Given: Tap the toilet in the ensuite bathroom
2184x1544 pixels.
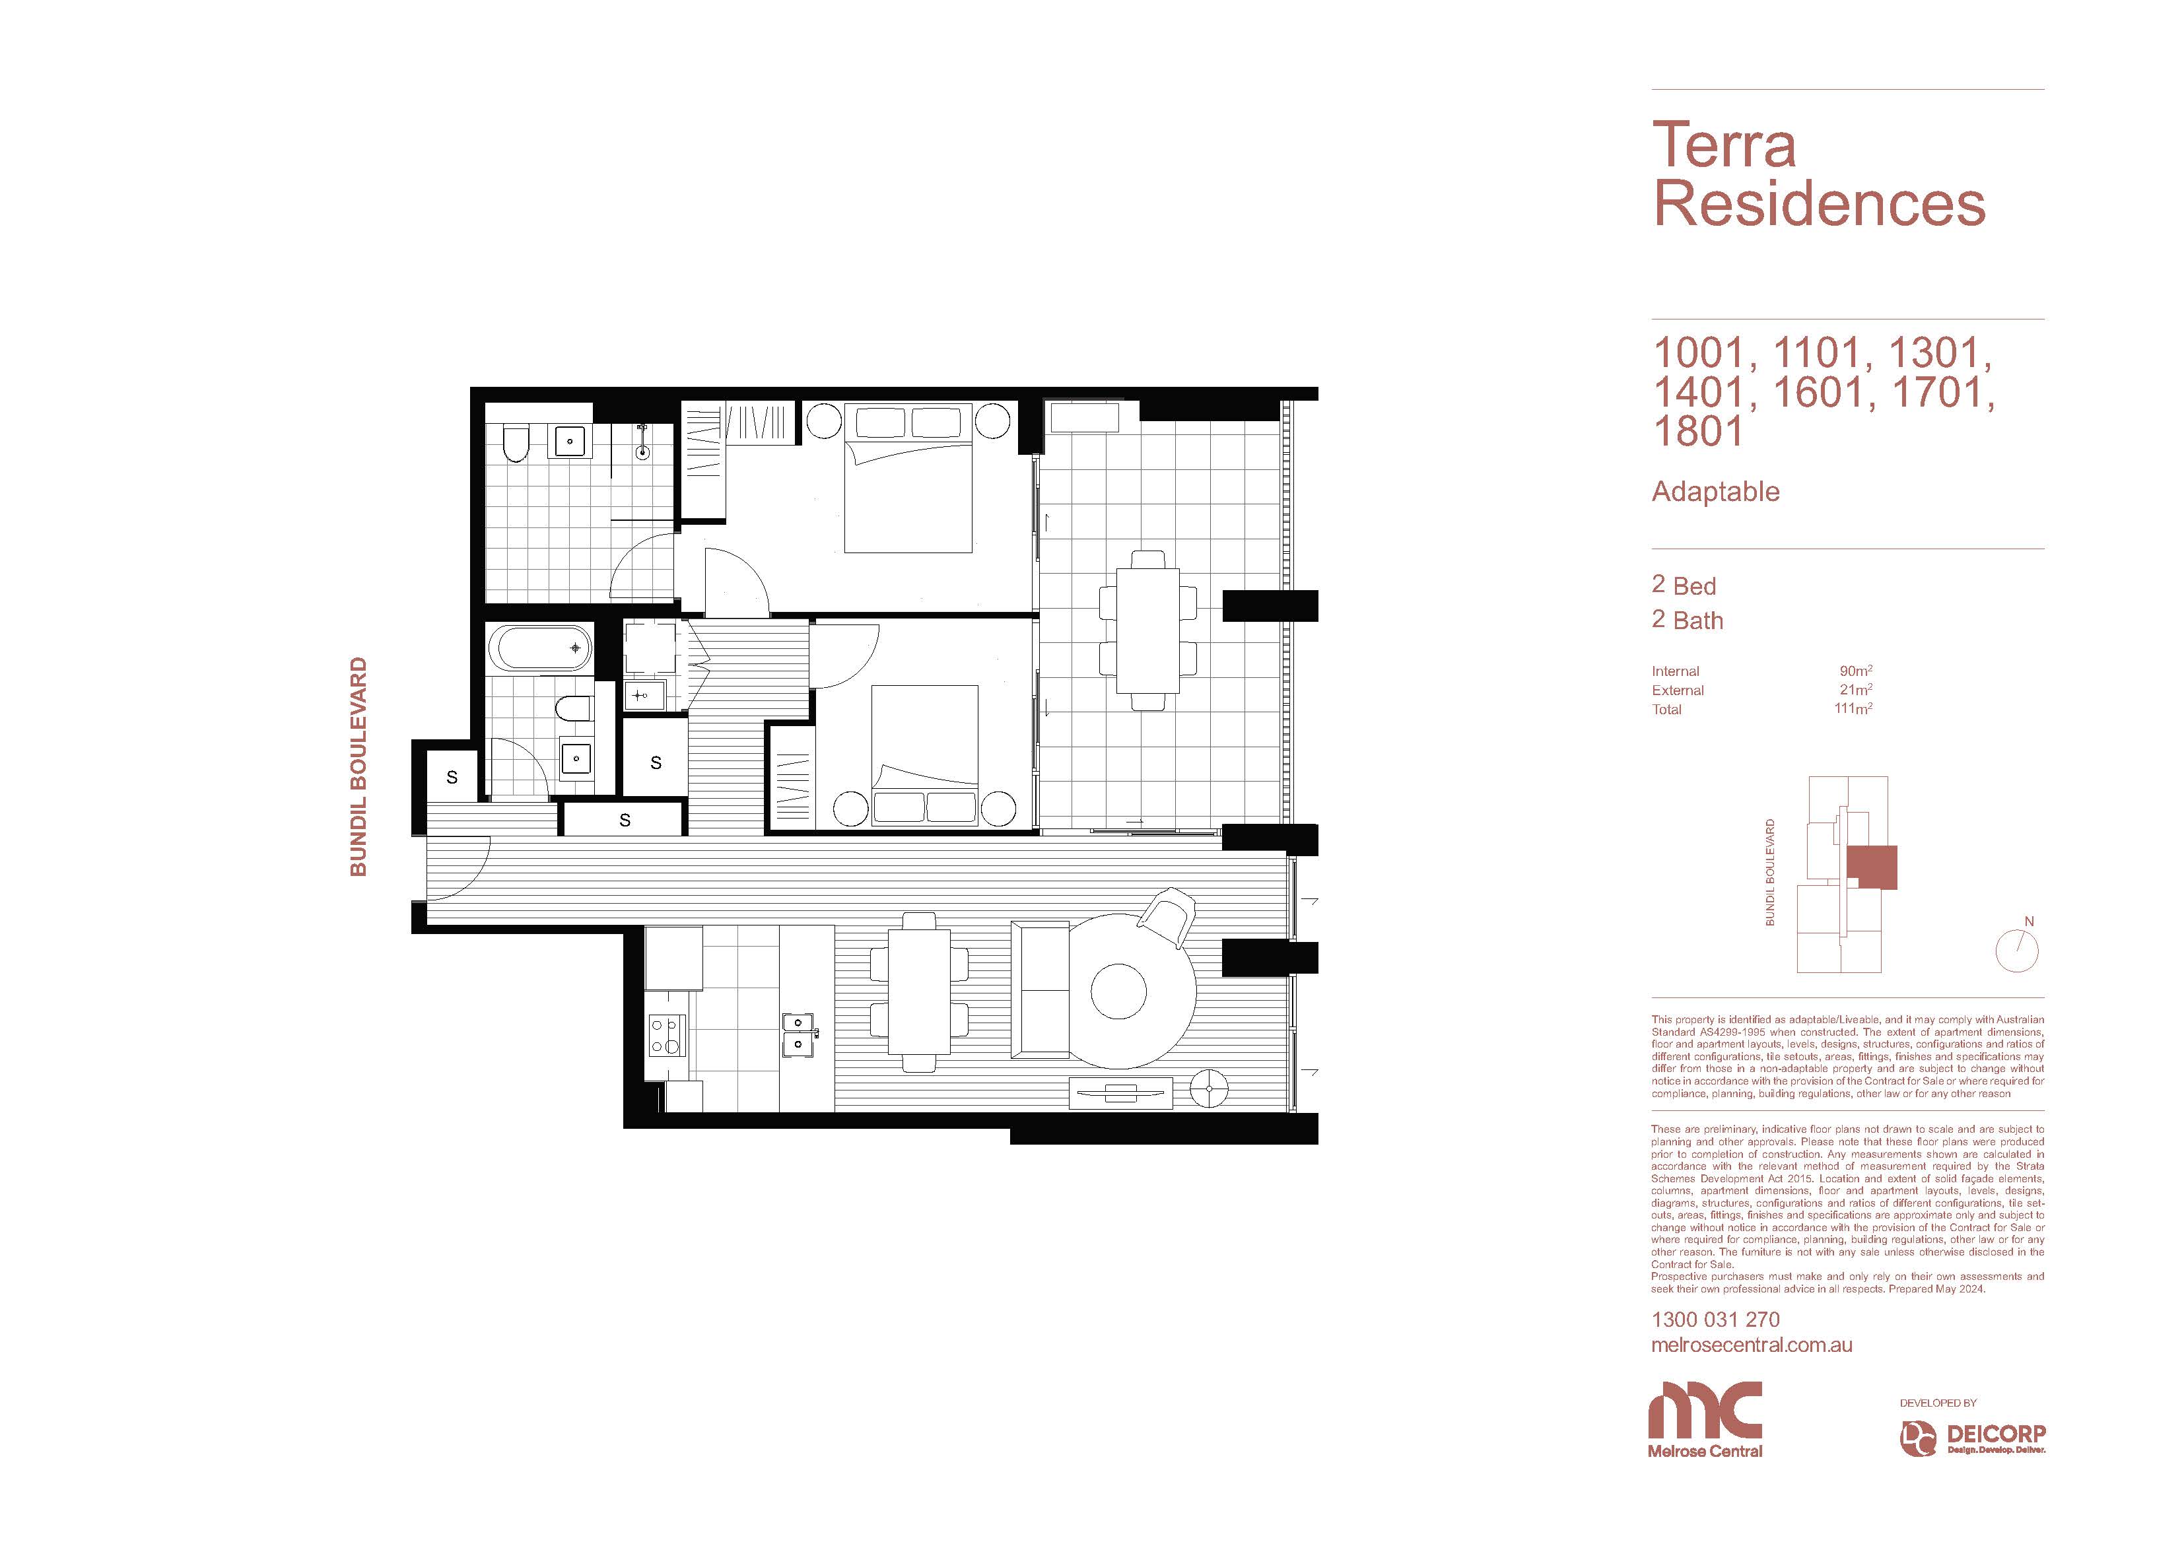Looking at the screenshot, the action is pyautogui.click(x=514, y=444).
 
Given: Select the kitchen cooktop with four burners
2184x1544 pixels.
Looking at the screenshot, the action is pyautogui.click(x=666, y=1035).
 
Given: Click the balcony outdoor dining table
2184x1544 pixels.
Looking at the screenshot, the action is pyautogui.click(x=1147, y=630).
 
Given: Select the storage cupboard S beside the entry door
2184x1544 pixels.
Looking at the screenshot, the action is pyautogui.click(x=452, y=777).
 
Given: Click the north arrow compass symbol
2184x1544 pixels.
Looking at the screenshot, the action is pyautogui.click(x=2016, y=949).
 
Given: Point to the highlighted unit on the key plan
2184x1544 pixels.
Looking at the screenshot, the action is pyautogui.click(x=1871, y=867).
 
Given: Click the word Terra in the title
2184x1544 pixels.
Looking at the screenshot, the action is pyautogui.click(x=1724, y=145).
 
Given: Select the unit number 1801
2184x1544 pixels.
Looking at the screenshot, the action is pyautogui.click(x=1698, y=431).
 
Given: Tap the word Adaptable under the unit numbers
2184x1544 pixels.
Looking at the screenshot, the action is pyautogui.click(x=1715, y=492).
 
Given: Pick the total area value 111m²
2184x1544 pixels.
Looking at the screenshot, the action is pyautogui.click(x=1853, y=709).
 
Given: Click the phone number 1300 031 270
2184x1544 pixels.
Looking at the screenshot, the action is pyautogui.click(x=1715, y=1320).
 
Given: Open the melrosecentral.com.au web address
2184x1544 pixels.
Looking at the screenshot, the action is pyautogui.click(x=1752, y=1345).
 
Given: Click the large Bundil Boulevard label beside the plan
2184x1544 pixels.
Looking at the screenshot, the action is pyautogui.click(x=358, y=767).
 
